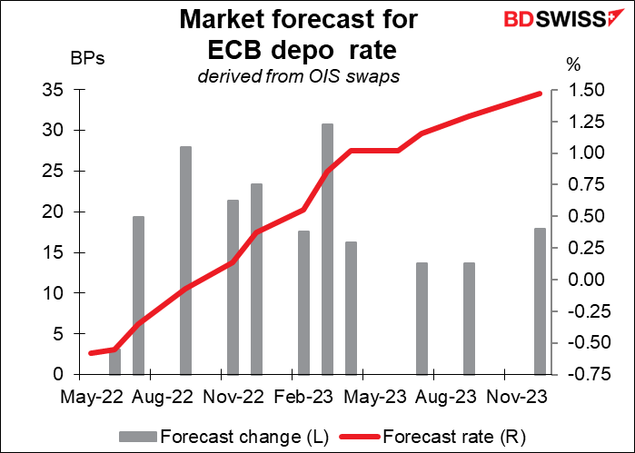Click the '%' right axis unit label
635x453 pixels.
[572, 64]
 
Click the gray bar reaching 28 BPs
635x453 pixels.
[185, 260]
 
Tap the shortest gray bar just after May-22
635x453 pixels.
[114, 361]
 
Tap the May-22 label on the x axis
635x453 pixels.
[90, 396]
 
